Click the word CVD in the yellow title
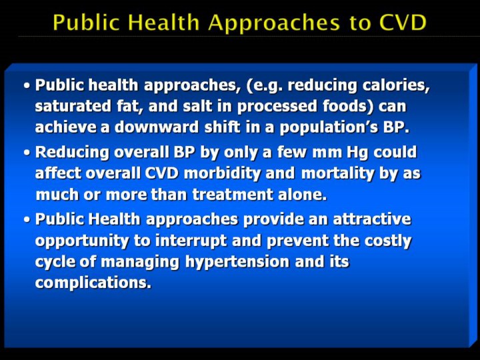[402, 23]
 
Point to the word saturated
[73, 106]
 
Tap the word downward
[157, 127]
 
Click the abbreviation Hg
[357, 153]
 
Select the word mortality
[337, 174]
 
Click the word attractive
[372, 219]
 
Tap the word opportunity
[82, 241]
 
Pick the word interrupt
[191, 241]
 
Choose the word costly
[388, 241]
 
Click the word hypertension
[237, 263]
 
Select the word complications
[93, 283]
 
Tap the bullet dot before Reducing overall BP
[27, 153]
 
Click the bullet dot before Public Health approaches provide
[27, 219]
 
